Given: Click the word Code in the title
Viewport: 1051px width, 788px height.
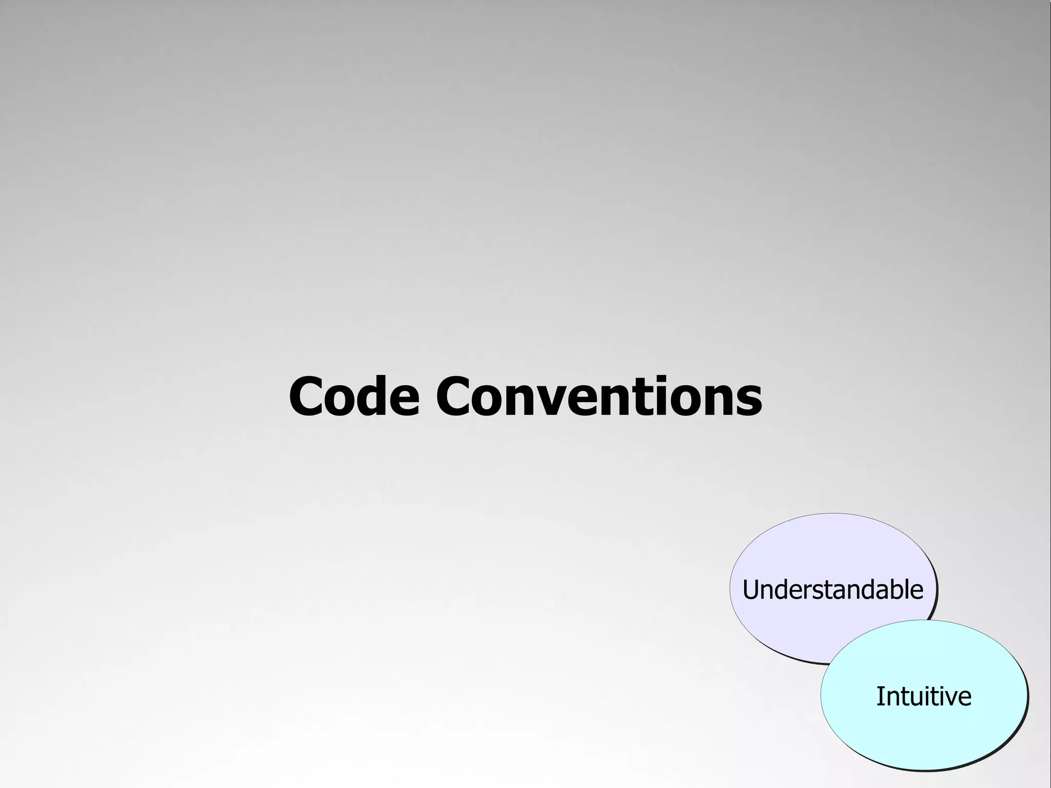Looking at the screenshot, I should [354, 397].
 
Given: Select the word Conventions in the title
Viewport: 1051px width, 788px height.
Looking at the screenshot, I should [599, 397].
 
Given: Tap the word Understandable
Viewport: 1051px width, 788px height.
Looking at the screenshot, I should [832, 589].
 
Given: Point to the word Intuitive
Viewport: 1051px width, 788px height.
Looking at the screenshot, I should [923, 696].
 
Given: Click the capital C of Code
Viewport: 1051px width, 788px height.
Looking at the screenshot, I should [308, 397].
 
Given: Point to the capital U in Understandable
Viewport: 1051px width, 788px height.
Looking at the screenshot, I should [751, 590].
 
